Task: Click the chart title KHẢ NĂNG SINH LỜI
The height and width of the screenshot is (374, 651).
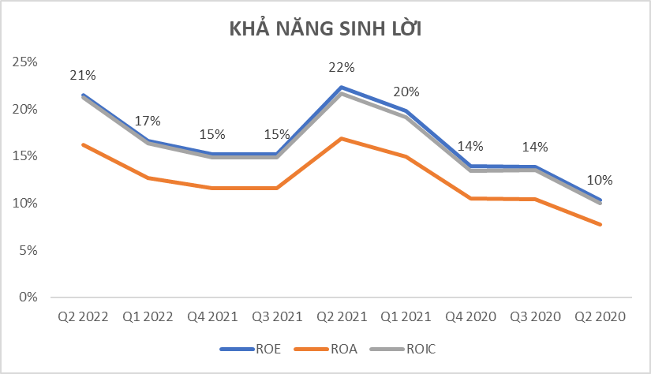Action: coord(326,30)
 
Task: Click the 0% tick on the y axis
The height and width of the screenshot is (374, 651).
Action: coord(28,297)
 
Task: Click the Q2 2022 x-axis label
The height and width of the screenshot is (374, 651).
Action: coord(83,317)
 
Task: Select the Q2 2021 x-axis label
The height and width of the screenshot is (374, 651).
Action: coord(342,317)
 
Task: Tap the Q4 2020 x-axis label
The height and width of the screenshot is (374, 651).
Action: coord(471,317)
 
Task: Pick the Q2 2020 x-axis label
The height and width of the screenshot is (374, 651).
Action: coord(600,317)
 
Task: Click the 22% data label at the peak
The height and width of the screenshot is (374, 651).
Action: coord(342,68)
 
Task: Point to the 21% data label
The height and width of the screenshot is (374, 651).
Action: coord(83,76)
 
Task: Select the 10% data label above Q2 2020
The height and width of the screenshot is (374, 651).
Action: coord(600,180)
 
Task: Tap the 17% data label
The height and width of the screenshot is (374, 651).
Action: coord(148,121)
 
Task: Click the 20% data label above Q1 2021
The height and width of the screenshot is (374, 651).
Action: coord(406,92)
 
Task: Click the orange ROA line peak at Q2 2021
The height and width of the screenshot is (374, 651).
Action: coord(342,138)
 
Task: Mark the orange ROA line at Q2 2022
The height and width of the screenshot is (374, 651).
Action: coord(83,144)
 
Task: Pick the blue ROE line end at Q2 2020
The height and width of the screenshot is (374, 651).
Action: coord(600,200)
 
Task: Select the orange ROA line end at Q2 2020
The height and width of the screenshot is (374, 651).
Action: coord(600,225)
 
